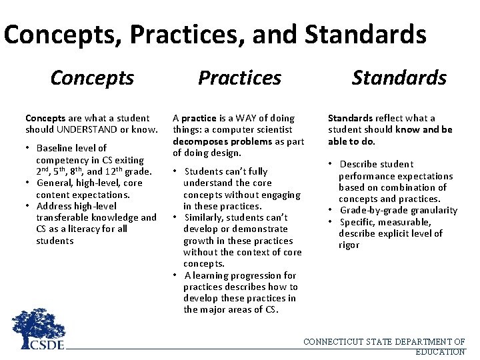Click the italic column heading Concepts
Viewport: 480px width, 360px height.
[92, 78]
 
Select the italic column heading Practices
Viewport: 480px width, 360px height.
[239, 78]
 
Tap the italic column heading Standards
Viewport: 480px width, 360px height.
[399, 78]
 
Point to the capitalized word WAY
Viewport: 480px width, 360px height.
[249, 118]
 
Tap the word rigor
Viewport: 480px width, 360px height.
[349, 245]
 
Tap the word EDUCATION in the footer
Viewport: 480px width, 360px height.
[439, 351]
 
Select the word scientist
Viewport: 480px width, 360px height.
[270, 129]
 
